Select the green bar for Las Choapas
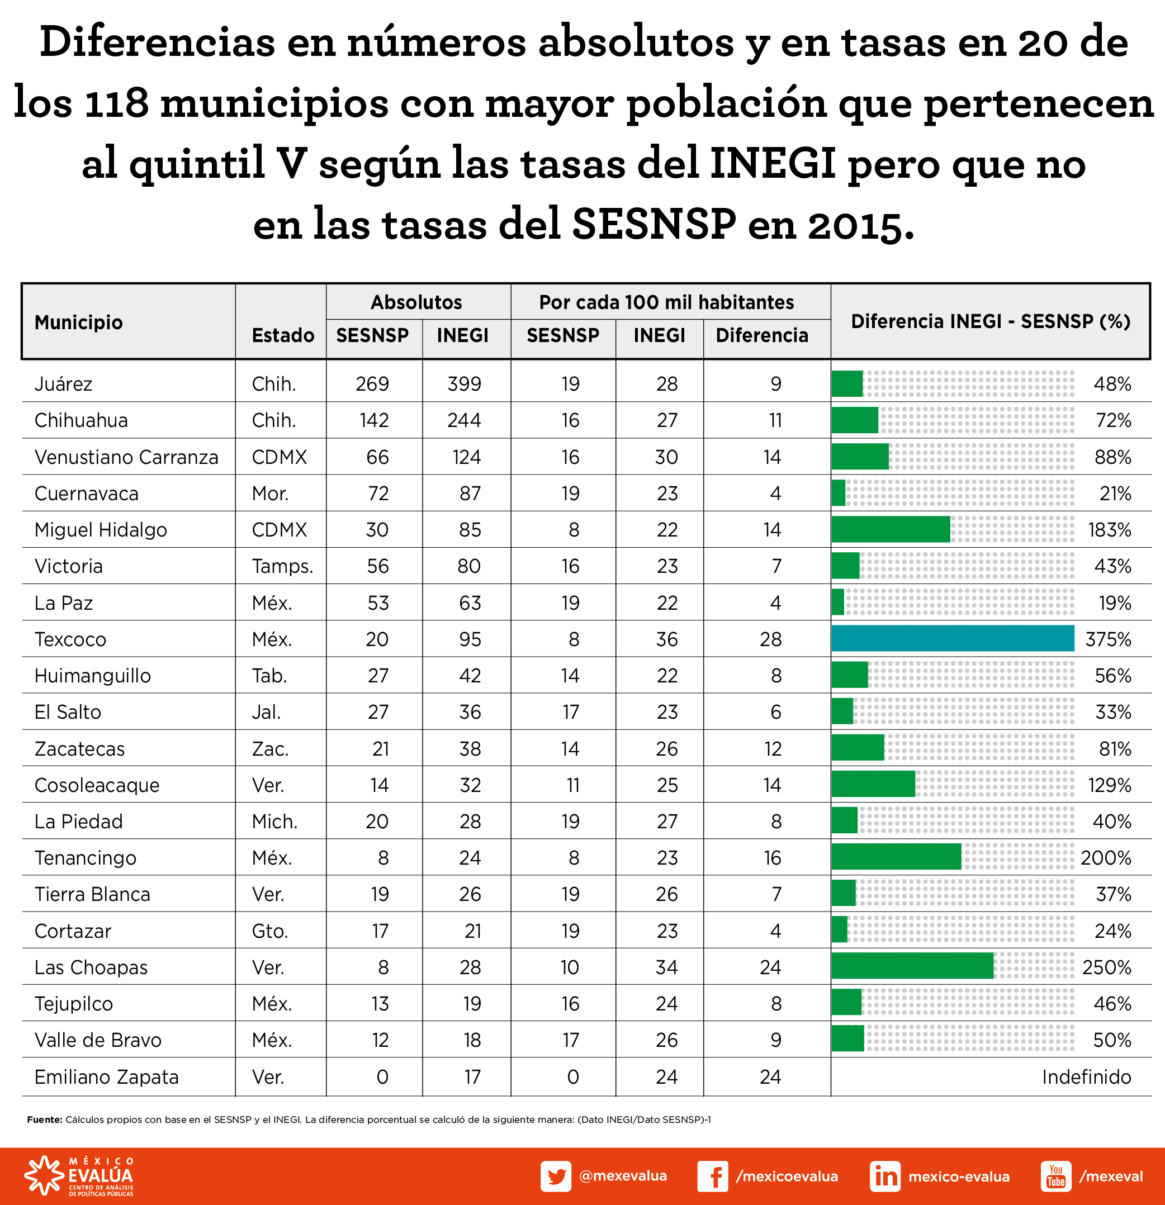pos(912,966)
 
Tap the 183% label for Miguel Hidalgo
pos(1109,529)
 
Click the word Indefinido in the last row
pos(1086,1076)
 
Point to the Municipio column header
pos(78,322)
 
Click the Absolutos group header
pos(416,302)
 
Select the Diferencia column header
pos(762,335)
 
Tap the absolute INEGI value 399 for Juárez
pos(464,383)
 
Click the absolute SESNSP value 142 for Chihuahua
pos(374,420)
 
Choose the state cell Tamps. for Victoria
pos(282,566)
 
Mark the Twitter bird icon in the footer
pos(556,1176)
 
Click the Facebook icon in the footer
pos(713,1176)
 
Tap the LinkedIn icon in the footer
pos(885,1176)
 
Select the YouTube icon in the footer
pos(1055,1176)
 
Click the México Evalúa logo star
pos(43,1175)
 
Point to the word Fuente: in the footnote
pos(44,1119)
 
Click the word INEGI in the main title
pos(773,164)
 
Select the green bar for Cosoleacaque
pos(873,785)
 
